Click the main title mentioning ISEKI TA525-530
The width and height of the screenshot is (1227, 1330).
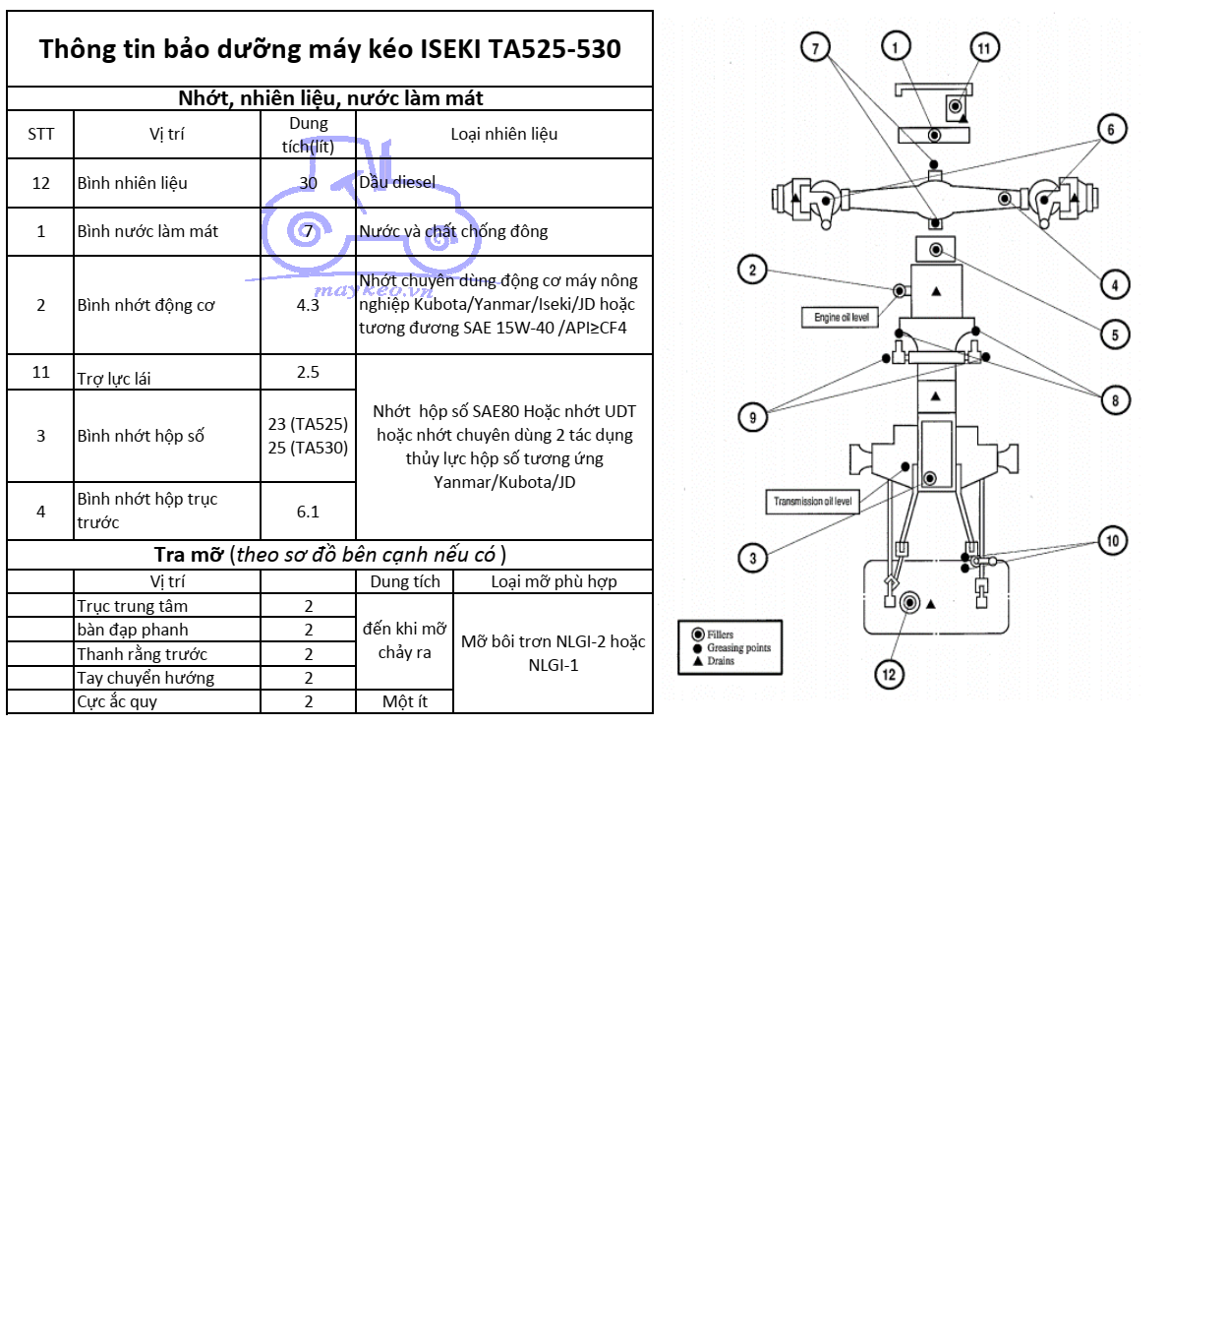pos(329,49)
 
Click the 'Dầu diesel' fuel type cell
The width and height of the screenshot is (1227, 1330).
pos(397,182)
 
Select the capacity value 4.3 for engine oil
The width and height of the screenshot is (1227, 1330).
pos(308,305)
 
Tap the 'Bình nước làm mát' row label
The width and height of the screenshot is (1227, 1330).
pos(147,231)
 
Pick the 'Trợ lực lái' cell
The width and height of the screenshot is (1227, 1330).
pos(114,378)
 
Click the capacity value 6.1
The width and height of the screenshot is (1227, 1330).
pos(308,512)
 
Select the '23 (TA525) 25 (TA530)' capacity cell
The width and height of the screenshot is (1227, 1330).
pos(308,436)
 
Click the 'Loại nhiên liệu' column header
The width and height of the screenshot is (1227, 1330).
pos(503,134)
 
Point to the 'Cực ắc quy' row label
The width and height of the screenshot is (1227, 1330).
pos(117,701)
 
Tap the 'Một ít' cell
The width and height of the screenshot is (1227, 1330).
pos(404,701)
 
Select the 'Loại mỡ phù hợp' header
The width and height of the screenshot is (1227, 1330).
pos(554,581)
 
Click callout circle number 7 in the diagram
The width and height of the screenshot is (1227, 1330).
pos(815,47)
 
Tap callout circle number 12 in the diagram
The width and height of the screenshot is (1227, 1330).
pos(889,674)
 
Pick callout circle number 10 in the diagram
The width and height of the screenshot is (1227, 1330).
pos(1112,540)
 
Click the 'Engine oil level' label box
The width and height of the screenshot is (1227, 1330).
pos(841,318)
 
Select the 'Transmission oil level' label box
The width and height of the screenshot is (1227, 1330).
pos(812,502)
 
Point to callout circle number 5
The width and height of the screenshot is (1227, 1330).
pos(1115,334)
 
